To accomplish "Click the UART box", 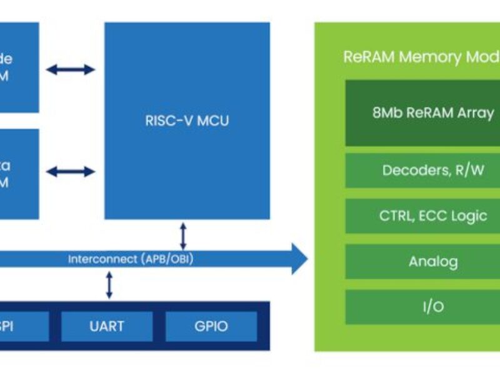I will (106, 326).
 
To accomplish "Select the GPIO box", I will (211, 326).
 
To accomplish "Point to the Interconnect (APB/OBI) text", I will (130, 259).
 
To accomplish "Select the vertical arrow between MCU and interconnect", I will (182, 235).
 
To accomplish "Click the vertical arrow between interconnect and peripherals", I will (109, 285).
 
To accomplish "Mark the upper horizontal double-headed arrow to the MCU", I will (71, 69).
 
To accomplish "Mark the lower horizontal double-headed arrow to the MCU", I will (71, 171).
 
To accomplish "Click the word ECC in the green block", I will (430, 216).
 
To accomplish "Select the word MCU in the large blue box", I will (213, 121).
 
